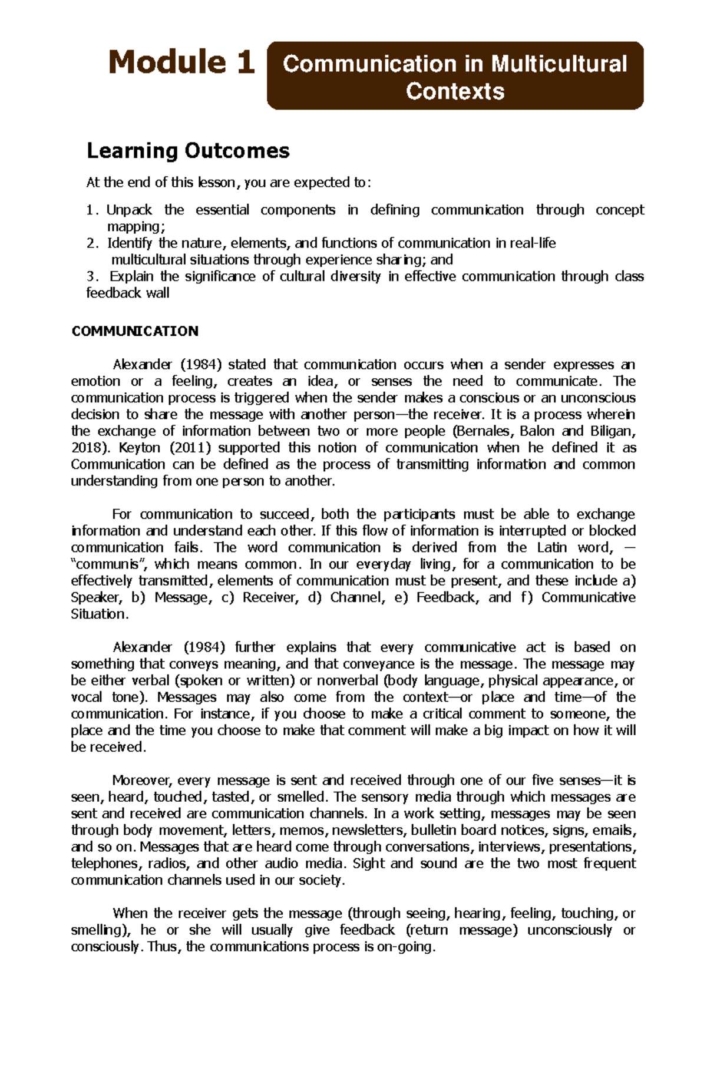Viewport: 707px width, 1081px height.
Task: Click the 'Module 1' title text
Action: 181,62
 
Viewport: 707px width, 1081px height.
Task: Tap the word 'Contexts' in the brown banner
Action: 455,91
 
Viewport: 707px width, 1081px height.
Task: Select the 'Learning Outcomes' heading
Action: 188,151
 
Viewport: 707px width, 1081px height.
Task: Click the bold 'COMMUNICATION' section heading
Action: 135,331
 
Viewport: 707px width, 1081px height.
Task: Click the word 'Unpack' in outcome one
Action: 129,210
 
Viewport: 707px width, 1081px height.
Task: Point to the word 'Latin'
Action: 551,548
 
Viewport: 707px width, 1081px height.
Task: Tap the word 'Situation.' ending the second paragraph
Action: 99,614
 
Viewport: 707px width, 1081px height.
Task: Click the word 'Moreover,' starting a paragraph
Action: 141,781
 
